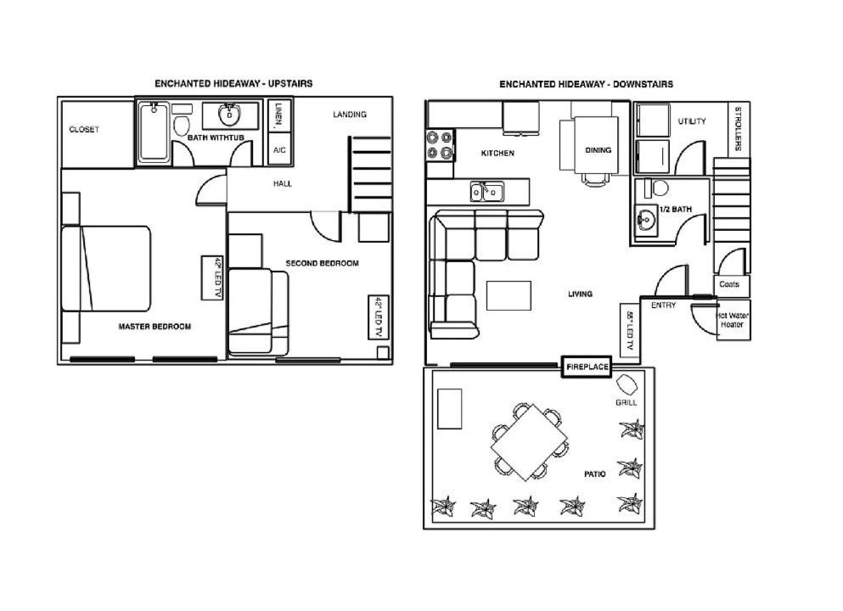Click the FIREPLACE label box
pyautogui.click(x=587, y=367)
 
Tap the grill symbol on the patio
pyautogui.click(x=627, y=384)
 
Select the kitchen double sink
pyautogui.click(x=487, y=191)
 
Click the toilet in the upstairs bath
pyautogui.click(x=181, y=121)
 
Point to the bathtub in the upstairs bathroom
pyautogui.click(x=155, y=132)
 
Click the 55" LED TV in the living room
pyautogui.click(x=630, y=330)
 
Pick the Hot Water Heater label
pyautogui.click(x=733, y=320)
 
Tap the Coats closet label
pyautogui.click(x=729, y=284)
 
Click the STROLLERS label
pyautogui.click(x=739, y=129)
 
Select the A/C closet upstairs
pyautogui.click(x=279, y=150)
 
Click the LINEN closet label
pyautogui.click(x=278, y=116)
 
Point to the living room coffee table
pyautogui.click(x=509, y=295)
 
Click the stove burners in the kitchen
pyautogui.click(x=439, y=146)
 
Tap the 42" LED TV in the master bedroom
pyautogui.click(x=212, y=277)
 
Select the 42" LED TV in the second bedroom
pyautogui.click(x=379, y=317)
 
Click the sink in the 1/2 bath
pyautogui.click(x=646, y=220)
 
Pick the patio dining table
pyautogui.click(x=529, y=442)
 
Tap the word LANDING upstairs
pyautogui.click(x=350, y=115)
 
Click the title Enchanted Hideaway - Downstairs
pyautogui.click(x=586, y=84)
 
